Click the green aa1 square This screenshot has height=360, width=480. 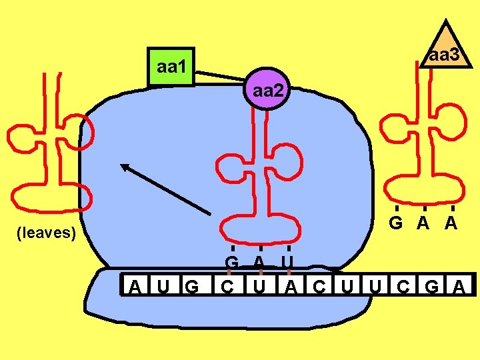coord(171,67)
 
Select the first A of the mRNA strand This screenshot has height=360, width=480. coord(135,287)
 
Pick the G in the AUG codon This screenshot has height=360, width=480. coord(192,287)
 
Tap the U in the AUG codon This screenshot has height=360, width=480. coord(163,287)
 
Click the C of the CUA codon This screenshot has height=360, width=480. coord(228,287)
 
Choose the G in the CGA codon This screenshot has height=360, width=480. coord(432,287)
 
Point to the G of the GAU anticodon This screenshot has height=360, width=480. coord(231,262)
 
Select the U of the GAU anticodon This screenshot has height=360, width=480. coord(287,262)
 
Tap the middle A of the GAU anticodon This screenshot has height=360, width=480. coord(259,262)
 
